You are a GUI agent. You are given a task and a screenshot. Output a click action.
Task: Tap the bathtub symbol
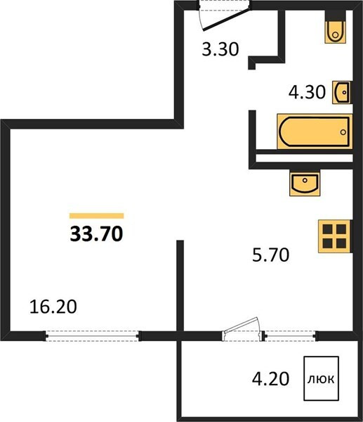coord(315,132)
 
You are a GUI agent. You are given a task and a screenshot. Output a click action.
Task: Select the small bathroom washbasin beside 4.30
coord(341,92)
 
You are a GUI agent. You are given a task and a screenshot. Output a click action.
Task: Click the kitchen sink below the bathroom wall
coord(305,182)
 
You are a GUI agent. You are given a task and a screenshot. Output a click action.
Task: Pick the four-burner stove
coord(334,236)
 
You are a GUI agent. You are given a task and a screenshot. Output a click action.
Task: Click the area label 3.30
coord(220,49)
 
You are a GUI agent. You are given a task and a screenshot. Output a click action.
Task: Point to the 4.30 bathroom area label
coord(307,92)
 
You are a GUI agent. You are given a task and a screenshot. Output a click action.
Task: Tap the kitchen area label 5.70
coord(270,255)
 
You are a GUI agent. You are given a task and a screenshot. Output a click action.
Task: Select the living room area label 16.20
coord(53,307)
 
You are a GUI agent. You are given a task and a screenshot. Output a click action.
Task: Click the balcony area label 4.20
coord(270,378)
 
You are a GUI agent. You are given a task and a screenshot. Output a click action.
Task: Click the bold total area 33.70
coord(96,234)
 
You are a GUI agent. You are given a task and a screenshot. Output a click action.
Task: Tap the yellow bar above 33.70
coord(96,216)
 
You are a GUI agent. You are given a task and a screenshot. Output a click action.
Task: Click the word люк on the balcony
coord(321,379)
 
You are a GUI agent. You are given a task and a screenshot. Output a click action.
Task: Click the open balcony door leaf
coord(240,325)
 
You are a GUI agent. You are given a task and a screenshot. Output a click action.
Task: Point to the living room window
coord(92,336)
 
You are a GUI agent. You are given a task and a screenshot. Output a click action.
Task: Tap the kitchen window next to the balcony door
coord(290,336)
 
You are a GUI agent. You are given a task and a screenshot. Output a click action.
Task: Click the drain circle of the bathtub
coord(343,132)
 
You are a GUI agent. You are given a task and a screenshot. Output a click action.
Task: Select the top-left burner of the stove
coord(328,229)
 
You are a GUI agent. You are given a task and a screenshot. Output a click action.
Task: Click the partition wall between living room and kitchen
coord(180,286)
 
